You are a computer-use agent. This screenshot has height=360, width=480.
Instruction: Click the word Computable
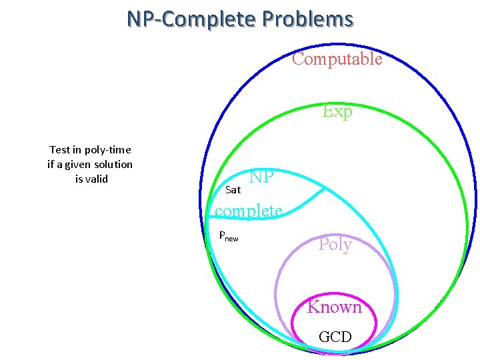[337, 59]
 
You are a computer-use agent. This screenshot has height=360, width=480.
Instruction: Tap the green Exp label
[337, 111]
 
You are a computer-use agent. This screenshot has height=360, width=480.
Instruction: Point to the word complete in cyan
[248, 211]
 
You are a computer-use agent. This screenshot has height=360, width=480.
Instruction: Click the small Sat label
[233, 190]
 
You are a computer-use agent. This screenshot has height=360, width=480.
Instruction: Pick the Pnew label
[229, 236]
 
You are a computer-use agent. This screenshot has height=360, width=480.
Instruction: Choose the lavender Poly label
[335, 244]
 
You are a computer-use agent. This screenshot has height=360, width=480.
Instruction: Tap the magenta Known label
[334, 307]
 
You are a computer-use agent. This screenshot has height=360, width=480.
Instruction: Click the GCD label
[335, 337]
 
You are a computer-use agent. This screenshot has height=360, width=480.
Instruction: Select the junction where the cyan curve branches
[325, 189]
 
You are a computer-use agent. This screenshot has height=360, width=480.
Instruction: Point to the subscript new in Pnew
[233, 238]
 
